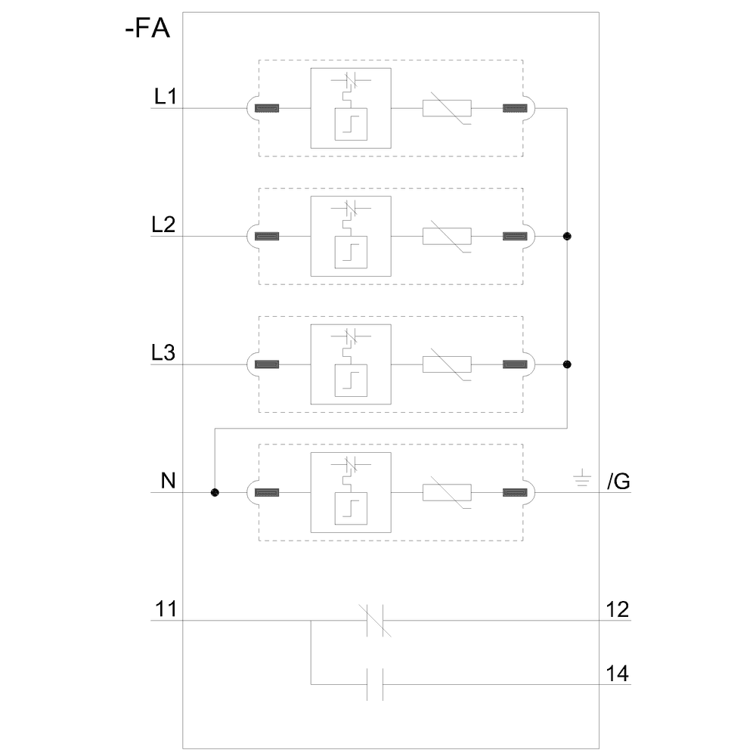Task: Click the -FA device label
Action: pos(147,31)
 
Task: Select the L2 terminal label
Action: pos(163,225)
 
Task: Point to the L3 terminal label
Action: pos(163,353)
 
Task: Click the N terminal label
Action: pos(167,481)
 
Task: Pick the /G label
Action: pos(618,482)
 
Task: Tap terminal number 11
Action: pos(166,609)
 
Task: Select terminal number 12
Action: pos(618,609)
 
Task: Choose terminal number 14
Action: pos(618,673)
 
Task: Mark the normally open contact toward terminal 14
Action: pos(375,684)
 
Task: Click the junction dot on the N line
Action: pos(215,493)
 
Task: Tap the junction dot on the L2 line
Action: pos(567,237)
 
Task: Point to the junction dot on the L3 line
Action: pos(567,364)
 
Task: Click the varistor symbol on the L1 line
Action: pos(448,108)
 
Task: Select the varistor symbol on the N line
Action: pos(448,493)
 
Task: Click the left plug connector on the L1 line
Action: pos(266,108)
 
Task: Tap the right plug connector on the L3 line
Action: pos(515,364)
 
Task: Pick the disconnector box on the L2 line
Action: pos(350,236)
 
